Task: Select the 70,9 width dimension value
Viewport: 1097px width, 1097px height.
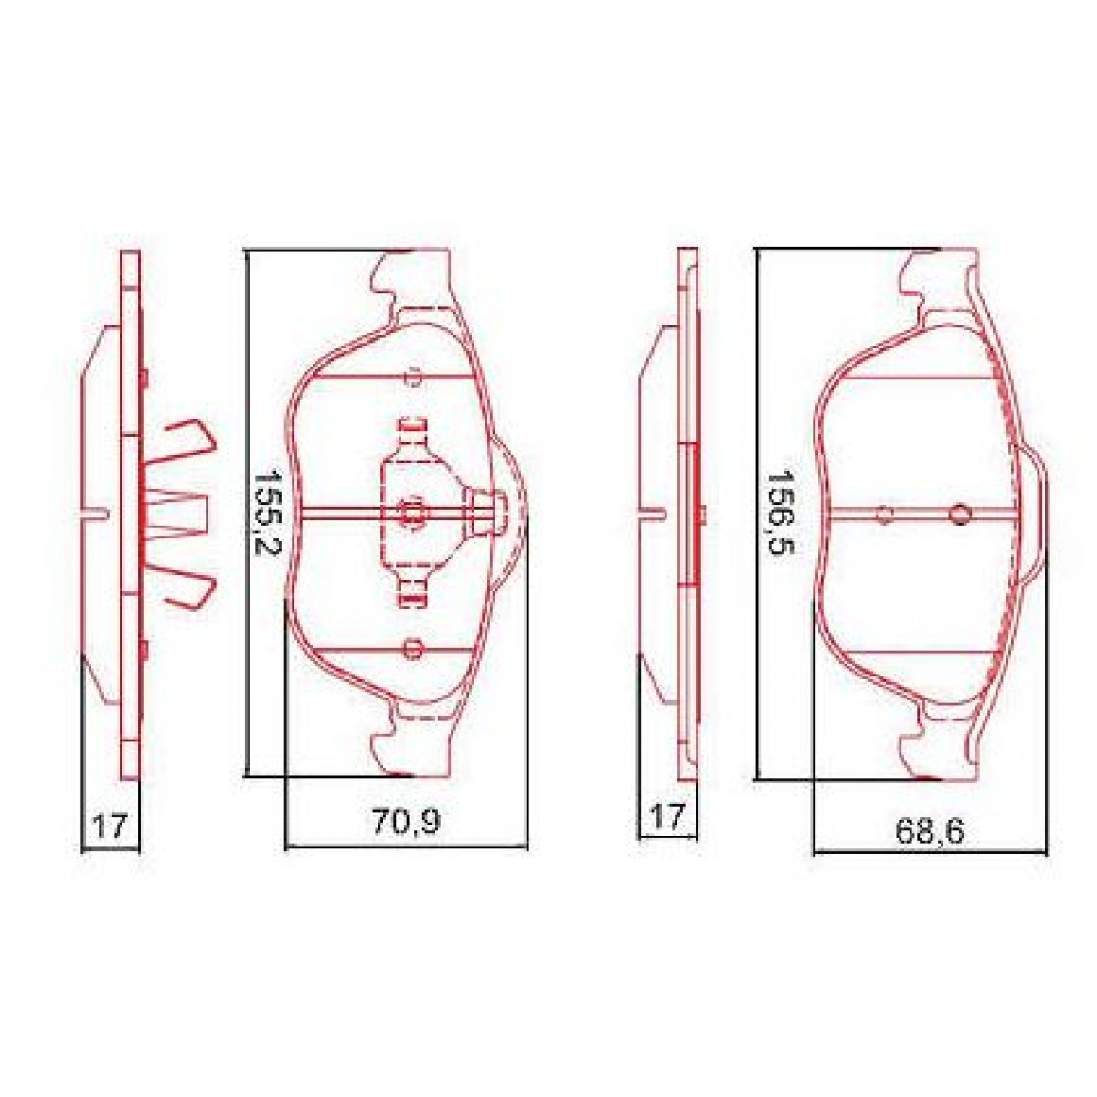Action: (406, 822)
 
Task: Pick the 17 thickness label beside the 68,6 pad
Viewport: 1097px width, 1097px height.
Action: (666, 815)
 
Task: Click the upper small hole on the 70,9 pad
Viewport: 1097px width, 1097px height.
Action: (412, 376)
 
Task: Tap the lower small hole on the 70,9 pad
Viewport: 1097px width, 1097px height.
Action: (412, 650)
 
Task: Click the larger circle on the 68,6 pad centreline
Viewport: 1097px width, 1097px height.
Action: (959, 514)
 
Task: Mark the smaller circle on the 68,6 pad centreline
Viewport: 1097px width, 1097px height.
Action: (884, 514)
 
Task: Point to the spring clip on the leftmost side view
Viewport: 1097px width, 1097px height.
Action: (183, 513)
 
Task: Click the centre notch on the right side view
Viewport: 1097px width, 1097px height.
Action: (654, 513)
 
